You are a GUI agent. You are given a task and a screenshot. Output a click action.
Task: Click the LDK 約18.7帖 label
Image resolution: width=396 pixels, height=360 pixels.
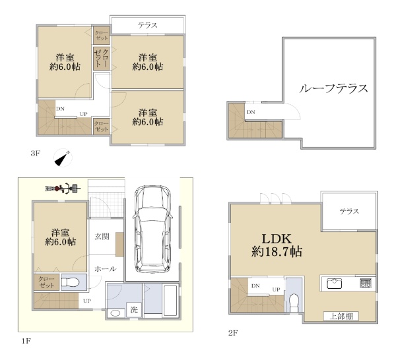click(277, 245)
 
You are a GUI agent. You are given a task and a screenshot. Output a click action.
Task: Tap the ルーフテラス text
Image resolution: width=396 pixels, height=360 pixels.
click(333, 88)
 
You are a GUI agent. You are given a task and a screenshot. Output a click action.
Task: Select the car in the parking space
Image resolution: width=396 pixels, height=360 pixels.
click(152, 229)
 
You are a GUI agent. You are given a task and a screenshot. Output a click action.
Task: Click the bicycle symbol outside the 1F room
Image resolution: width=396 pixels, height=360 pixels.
click(63, 188)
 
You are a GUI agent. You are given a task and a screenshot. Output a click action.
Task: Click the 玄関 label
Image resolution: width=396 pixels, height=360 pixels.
click(102, 237)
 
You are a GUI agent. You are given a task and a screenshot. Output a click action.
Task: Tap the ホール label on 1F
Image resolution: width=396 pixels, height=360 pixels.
click(106, 269)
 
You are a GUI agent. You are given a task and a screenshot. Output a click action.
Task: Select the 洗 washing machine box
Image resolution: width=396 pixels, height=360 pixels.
click(134, 309)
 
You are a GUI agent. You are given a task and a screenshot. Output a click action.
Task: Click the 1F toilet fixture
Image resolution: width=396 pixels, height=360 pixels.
click(70, 282)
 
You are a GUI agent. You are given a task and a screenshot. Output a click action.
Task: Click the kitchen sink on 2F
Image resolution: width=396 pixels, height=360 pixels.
click(335, 284)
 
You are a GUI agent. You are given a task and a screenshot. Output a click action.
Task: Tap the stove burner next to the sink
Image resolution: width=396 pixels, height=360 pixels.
click(366, 283)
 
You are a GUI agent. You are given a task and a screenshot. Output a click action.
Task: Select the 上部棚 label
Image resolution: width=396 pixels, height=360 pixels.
click(341, 316)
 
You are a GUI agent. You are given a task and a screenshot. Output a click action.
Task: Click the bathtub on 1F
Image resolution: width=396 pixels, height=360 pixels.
click(170, 300)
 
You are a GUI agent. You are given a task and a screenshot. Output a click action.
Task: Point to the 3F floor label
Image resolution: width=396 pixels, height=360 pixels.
click(36, 153)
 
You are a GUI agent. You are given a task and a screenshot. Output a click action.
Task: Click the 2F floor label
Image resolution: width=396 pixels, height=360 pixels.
click(233, 333)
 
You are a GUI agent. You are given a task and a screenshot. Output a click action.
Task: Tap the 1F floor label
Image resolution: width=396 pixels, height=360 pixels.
click(26, 342)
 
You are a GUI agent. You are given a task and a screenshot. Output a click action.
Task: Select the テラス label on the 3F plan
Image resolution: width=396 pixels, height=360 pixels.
click(147, 25)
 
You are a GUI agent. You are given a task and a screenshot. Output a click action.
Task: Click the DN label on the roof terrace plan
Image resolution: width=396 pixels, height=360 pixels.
click(251, 112)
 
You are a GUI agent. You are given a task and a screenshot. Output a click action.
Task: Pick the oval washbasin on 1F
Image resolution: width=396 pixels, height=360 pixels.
click(115, 314)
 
